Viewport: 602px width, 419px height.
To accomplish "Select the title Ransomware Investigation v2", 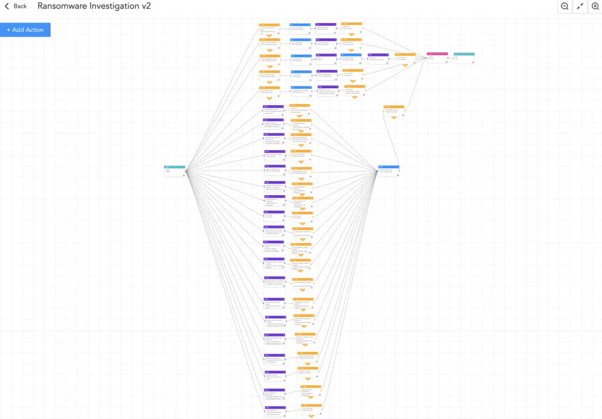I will (x=94, y=6).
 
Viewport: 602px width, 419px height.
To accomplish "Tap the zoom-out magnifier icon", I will (x=564, y=6).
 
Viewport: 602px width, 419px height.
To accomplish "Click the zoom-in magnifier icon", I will (x=595, y=6).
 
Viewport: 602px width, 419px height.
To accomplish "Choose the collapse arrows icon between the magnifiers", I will (x=580, y=6).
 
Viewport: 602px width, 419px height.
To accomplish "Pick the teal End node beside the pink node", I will (x=464, y=58).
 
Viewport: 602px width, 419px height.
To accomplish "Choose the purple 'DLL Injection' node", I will (x=273, y=215).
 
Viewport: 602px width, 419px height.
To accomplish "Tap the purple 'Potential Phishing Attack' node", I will (x=273, y=110).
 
